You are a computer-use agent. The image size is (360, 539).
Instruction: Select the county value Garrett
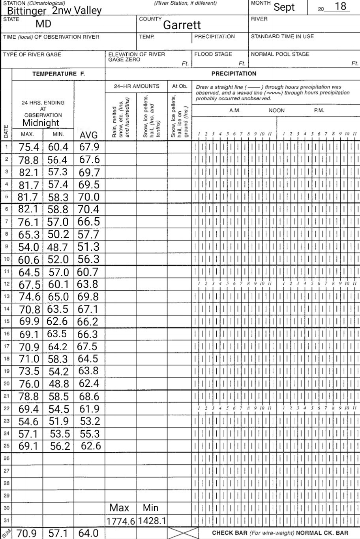[x=182, y=25]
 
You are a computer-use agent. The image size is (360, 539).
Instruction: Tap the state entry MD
[x=44, y=24]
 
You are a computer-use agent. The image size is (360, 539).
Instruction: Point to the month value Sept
[x=284, y=7]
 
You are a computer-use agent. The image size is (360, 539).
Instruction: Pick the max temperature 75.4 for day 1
[x=29, y=147]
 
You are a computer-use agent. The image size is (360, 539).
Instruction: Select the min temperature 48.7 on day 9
[x=58, y=248]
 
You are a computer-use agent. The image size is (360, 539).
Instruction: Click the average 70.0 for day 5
[x=88, y=197]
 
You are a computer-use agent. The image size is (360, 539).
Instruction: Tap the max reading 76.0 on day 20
[x=29, y=384]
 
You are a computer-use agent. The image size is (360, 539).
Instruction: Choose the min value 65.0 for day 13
[x=58, y=297]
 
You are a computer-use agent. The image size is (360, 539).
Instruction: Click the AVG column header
[x=88, y=136]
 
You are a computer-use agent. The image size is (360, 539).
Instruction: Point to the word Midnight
[x=41, y=123]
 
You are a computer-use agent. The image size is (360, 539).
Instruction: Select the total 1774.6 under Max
[x=120, y=522]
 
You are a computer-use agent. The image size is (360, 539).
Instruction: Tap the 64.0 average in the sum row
[x=88, y=533]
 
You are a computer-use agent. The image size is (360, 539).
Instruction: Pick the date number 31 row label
[x=6, y=520]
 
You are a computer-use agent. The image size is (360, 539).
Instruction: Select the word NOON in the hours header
[x=276, y=111]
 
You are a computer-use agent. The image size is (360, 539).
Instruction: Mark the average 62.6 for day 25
[x=91, y=446]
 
